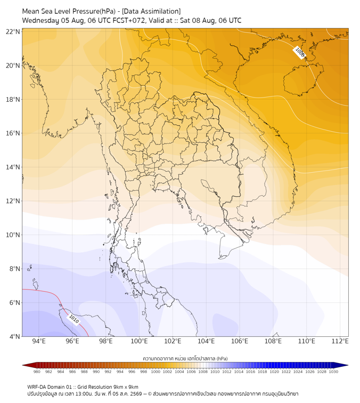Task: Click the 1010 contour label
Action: [x=74, y=319]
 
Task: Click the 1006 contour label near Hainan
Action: [x=300, y=52]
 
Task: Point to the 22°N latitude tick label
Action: [x=13, y=31]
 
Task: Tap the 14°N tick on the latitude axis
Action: [x=13, y=167]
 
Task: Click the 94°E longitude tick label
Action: [x=39, y=341]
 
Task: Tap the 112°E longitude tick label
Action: [x=340, y=341]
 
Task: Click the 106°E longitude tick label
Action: [x=240, y=341]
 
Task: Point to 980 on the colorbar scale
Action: [x=37, y=372]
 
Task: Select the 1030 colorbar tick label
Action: [x=333, y=372]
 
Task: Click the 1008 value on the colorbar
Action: [x=203, y=372]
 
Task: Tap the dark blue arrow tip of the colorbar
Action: [x=348, y=365]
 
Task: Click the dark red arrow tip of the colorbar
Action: [x=23, y=365]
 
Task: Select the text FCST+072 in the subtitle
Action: [x=129, y=20]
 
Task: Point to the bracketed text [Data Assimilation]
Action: [x=151, y=12]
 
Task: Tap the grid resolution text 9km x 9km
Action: [x=126, y=387]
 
